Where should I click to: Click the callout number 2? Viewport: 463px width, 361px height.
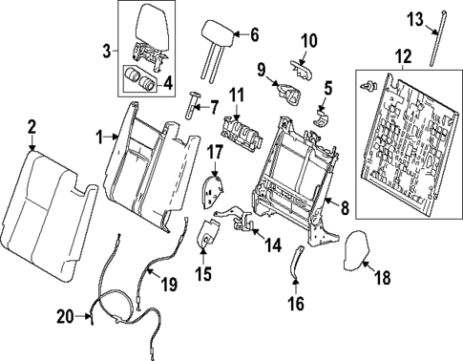pyautogui.click(x=32, y=125)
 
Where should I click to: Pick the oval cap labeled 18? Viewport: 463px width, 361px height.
pyautogui.click(x=357, y=250)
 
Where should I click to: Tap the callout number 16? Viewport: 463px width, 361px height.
pyautogui.click(x=296, y=307)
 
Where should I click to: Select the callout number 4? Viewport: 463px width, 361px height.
pyautogui.click(x=168, y=82)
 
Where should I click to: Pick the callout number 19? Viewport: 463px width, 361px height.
pyautogui.click(x=168, y=283)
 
